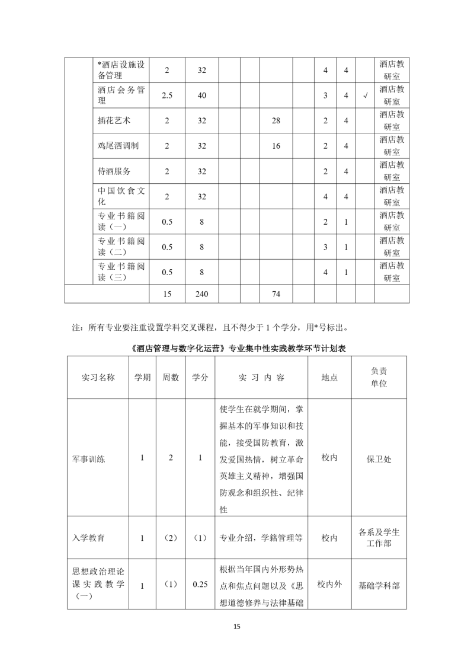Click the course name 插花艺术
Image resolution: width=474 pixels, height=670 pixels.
114,121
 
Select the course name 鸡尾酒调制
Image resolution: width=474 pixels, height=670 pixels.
118,146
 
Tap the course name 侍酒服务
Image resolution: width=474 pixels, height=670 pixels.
114,171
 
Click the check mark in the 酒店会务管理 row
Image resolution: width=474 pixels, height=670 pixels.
365,95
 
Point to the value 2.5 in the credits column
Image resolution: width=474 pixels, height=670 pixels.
166,95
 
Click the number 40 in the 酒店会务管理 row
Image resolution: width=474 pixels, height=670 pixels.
201,95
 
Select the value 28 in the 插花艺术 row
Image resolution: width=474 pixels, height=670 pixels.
276,121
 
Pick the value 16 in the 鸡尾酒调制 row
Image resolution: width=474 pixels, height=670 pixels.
276,146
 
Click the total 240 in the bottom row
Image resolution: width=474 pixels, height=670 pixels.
201,293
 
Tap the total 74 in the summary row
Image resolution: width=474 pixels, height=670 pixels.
276,293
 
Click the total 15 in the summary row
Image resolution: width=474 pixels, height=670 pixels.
166,293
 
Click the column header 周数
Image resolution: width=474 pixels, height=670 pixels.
171,378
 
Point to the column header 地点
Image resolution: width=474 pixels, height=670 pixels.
329,378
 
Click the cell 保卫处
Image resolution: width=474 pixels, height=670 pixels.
379,458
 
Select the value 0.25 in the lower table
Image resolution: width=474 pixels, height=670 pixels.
200,585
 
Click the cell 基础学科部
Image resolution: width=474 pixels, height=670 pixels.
379,585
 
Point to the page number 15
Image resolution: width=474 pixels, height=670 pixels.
237,627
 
